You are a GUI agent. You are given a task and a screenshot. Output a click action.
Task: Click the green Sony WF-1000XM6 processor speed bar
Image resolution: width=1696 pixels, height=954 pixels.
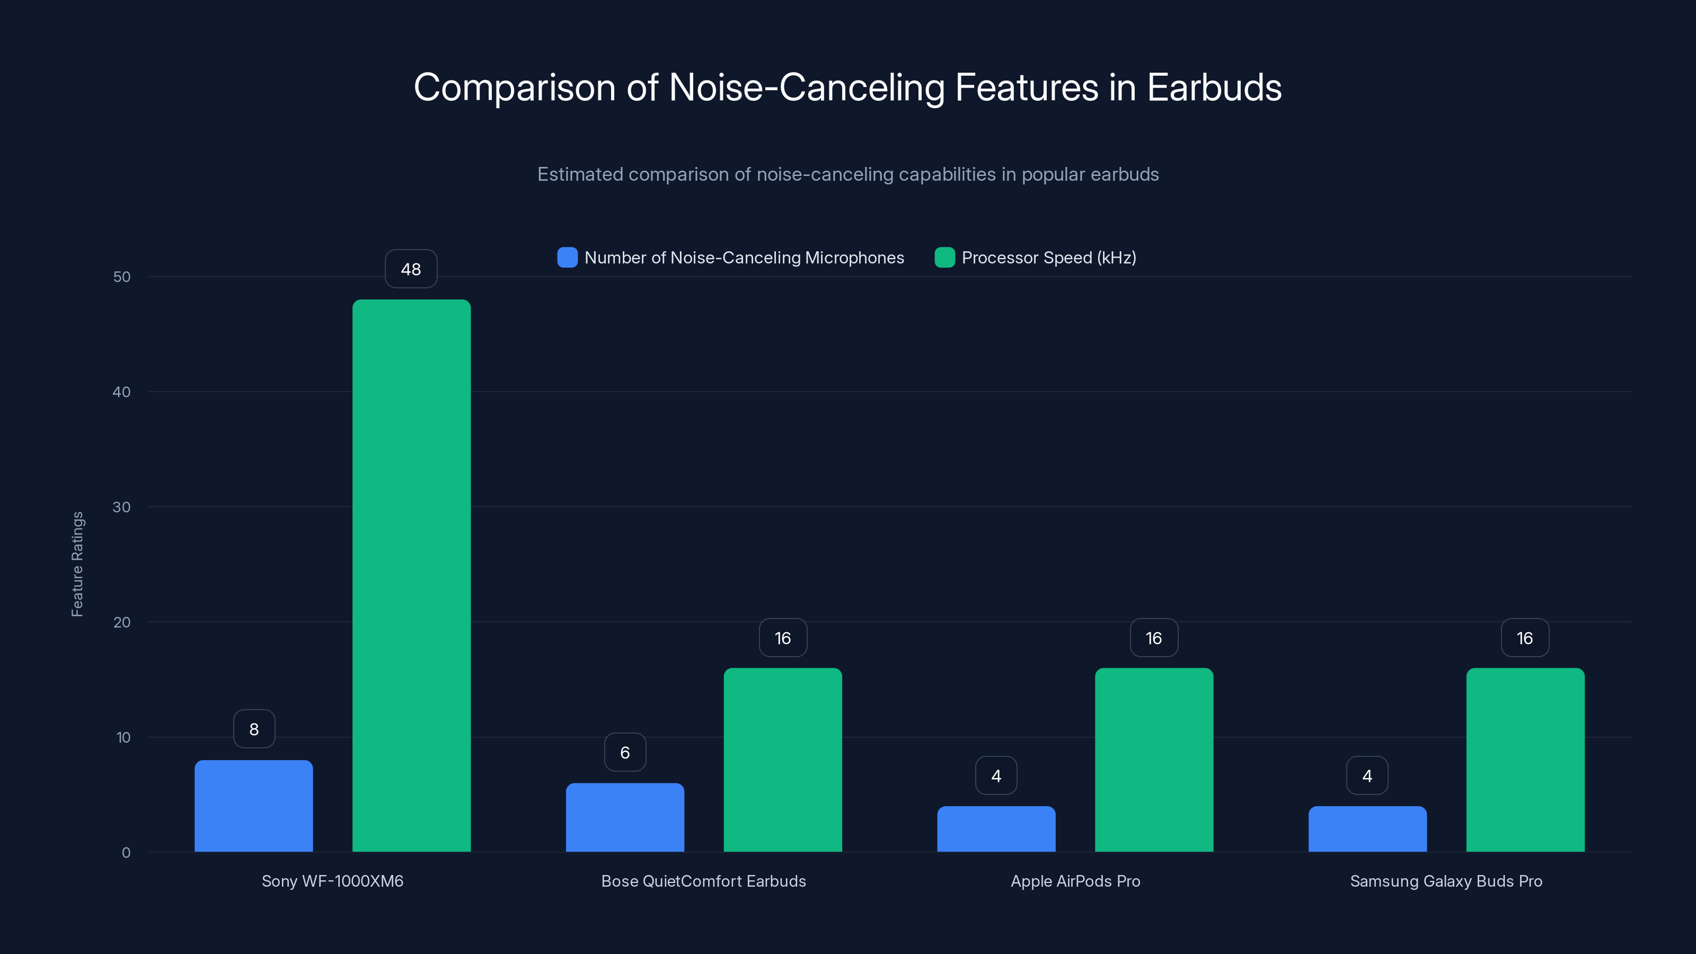pyautogui.click(x=411, y=576)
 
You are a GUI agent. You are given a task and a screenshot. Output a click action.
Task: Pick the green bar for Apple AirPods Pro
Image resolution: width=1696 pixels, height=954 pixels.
pyautogui.click(x=1153, y=760)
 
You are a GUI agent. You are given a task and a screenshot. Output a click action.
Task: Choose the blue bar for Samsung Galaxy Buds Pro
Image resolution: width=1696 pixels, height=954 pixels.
pyautogui.click(x=1367, y=829)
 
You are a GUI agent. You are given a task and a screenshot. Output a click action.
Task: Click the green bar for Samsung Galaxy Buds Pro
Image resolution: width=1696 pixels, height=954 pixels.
pyautogui.click(x=1525, y=760)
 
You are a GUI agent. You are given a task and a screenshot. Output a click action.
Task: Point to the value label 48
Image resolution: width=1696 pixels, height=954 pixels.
pyautogui.click(x=411, y=269)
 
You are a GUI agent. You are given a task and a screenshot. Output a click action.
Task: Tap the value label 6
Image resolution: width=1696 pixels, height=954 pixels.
pyautogui.click(x=625, y=753)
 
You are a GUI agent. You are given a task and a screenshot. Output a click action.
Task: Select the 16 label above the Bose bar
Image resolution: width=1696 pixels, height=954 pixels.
pyautogui.click(x=783, y=638)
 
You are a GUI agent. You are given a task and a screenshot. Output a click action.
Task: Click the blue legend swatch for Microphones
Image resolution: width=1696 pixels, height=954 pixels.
pyautogui.click(x=568, y=258)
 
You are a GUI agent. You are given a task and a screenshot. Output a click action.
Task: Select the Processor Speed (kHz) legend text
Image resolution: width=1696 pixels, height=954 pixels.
pyautogui.click(x=1049, y=258)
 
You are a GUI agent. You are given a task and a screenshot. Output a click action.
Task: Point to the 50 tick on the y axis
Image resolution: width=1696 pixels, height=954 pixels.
pyautogui.click(x=122, y=277)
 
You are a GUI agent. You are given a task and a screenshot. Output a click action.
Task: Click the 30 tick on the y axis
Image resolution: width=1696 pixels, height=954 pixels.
pyautogui.click(x=122, y=507)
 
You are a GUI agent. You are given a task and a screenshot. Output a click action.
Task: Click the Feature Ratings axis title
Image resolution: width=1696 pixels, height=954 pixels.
pyautogui.click(x=77, y=564)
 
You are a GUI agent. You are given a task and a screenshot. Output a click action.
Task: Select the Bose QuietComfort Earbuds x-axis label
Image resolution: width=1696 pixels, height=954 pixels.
pyautogui.click(x=703, y=881)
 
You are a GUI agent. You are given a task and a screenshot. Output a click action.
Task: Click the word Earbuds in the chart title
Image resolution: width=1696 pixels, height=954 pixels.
pyautogui.click(x=1214, y=87)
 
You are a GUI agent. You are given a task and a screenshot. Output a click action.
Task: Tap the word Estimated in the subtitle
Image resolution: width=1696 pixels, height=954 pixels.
pyautogui.click(x=579, y=174)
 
